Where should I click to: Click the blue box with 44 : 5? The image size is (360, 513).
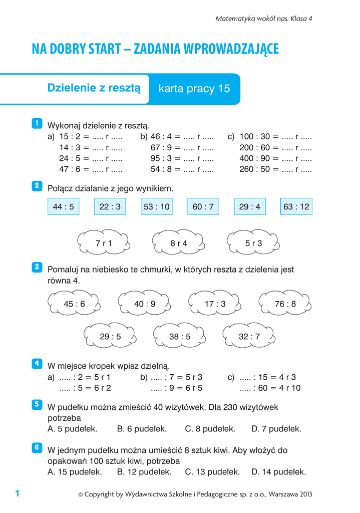64,206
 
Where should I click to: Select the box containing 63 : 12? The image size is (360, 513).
296,206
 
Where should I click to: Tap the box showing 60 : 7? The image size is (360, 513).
203,206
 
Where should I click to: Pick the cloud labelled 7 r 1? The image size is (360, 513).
104,243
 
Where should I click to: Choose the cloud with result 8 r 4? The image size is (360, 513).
179,243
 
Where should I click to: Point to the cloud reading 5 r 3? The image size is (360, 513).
253,243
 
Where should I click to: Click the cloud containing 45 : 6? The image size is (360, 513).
75,304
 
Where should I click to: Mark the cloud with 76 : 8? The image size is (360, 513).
285,304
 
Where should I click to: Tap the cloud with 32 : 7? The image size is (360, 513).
249,337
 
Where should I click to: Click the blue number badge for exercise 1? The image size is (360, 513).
37,123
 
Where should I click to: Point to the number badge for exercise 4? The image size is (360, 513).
37,364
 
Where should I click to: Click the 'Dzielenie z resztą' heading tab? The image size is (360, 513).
94,88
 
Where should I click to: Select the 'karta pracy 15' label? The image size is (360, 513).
194,89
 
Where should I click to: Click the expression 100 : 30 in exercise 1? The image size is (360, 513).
255,136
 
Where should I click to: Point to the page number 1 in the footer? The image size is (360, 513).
17,494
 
